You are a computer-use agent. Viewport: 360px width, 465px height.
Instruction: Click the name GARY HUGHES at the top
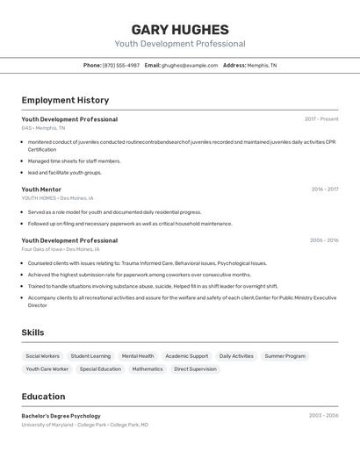[x=180, y=29]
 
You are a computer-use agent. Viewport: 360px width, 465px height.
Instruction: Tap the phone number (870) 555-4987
[x=121, y=65]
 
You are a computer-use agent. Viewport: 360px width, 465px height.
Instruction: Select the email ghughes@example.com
[x=189, y=65]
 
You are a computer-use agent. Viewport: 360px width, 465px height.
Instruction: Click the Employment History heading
[x=65, y=100]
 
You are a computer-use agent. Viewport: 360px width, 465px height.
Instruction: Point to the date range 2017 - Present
[x=321, y=119]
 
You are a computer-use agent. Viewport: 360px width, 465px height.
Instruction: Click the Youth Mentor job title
[x=41, y=189]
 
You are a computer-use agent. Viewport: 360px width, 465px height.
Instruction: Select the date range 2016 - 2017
[x=324, y=189]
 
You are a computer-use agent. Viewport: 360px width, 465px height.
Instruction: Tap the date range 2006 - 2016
[x=324, y=240]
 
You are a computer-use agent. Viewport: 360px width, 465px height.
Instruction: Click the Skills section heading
[x=32, y=333]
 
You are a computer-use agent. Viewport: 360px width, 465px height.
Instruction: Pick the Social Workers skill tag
[x=43, y=356]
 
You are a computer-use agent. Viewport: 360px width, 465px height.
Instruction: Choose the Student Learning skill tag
[x=90, y=356]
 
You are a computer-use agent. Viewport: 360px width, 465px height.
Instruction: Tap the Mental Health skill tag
[x=138, y=356]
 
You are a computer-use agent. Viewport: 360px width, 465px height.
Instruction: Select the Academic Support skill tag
[x=187, y=356]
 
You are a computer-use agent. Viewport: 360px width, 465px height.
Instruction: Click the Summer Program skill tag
[x=285, y=356]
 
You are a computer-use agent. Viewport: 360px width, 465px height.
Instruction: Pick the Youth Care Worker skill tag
[x=47, y=369]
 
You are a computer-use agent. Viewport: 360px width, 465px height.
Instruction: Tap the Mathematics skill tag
[x=148, y=369]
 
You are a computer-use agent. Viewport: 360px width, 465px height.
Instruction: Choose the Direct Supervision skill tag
[x=195, y=369]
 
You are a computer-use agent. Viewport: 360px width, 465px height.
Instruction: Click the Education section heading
[x=43, y=397]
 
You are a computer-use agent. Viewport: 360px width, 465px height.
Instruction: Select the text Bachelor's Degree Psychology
[x=61, y=416]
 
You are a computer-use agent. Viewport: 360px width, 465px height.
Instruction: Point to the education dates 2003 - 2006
[x=323, y=416]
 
